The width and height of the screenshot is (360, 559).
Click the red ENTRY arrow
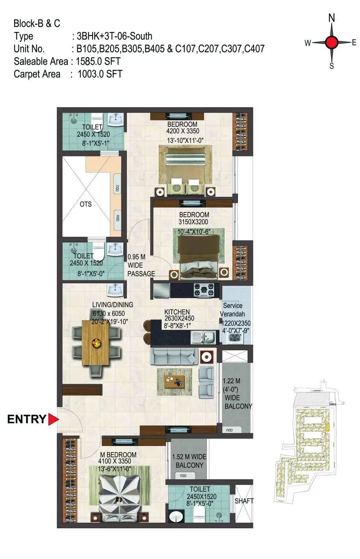pos(53,419)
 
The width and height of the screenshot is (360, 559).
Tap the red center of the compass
pos(332,42)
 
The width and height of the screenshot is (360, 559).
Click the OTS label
pos(85,204)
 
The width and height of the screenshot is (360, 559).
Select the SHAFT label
pos(244,501)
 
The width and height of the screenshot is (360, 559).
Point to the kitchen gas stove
pos(204,290)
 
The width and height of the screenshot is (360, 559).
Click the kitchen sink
pos(204,337)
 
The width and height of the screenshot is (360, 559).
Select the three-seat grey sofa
pos(174,356)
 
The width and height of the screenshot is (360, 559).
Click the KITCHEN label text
pos(177,312)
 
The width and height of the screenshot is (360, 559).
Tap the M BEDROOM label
pos(117,455)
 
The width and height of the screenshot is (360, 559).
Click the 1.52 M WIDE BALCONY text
pos(189,461)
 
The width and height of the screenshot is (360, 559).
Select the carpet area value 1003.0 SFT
pos(100,74)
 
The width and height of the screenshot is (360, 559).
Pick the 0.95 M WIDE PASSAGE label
pos(141,266)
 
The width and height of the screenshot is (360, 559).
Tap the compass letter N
pos(332,18)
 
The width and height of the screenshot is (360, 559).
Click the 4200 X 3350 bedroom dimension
pos(183,131)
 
